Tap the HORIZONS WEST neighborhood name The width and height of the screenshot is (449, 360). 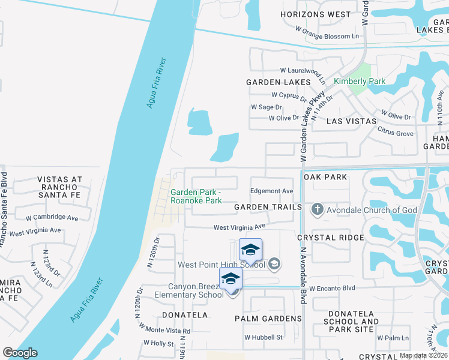click(316, 14)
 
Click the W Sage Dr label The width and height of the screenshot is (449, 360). click(266, 107)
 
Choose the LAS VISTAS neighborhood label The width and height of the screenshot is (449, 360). click(351, 121)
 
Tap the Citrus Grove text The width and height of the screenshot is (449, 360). click(395, 133)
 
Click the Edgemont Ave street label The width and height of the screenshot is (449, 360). click(271, 191)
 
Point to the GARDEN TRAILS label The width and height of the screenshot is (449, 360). click(268, 207)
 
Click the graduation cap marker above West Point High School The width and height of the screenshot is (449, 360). click(250, 249)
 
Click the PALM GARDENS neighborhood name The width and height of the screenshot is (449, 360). click(268, 319)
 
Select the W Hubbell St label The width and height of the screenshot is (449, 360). click(263, 337)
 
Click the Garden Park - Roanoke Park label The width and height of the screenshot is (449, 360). click(196, 197)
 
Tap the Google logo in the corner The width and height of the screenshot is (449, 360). click(20, 353)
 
